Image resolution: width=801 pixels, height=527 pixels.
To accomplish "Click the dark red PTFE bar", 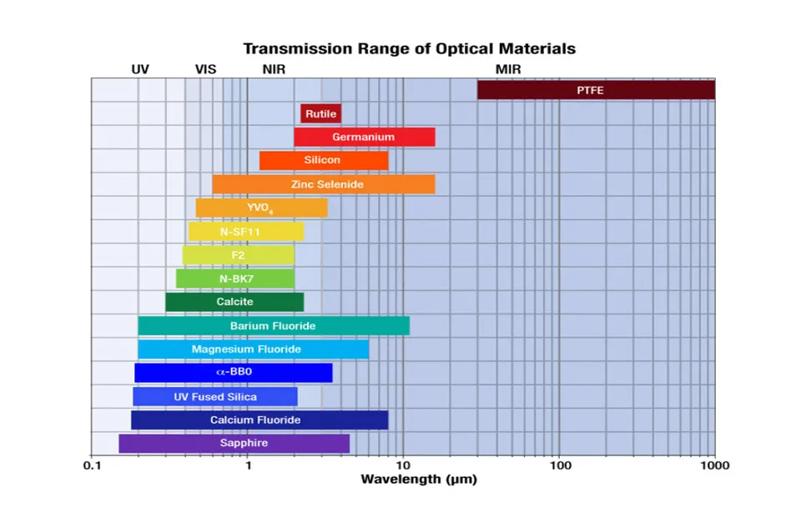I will (595, 90).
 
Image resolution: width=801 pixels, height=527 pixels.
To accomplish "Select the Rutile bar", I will (320, 113).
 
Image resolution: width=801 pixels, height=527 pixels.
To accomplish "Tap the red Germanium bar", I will (364, 137).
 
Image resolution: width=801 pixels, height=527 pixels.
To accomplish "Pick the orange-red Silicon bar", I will (323, 160).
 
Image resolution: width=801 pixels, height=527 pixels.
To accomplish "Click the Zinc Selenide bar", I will (323, 184).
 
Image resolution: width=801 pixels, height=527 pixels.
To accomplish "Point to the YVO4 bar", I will (261, 208).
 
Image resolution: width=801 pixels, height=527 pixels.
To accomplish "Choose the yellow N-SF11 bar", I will (245, 231).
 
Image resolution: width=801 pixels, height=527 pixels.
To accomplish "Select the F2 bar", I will (238, 254).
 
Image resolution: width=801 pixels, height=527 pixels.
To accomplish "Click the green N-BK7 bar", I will (234, 279).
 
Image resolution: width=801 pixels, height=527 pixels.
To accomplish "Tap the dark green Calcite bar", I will (234, 302).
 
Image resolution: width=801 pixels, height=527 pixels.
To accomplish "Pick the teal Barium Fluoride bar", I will (273, 325).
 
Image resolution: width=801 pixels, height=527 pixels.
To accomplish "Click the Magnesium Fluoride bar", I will (253, 349).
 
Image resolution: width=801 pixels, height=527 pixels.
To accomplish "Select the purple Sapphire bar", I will (234, 444).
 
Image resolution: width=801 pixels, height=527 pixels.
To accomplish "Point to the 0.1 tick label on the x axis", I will (91, 465).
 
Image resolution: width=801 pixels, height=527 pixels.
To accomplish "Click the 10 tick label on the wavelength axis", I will (403, 465).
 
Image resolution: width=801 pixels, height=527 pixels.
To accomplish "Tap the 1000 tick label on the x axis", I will (714, 465).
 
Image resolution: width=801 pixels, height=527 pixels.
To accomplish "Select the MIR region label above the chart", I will (508, 69).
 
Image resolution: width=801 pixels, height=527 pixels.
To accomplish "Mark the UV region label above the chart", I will (140, 69).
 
